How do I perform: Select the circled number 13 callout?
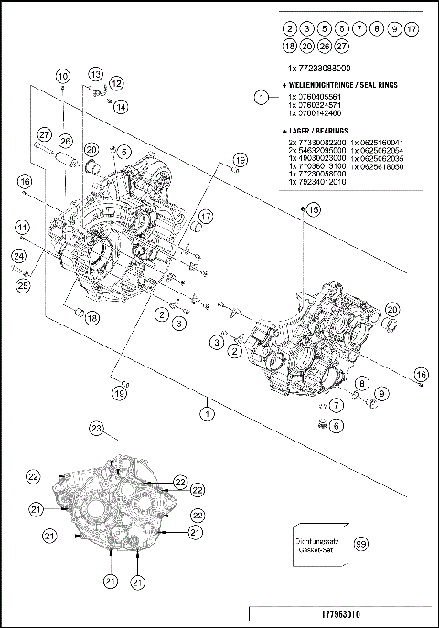pos(96,73)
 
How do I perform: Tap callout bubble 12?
pos(116,83)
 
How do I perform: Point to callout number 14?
pos(122,107)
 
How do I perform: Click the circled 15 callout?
pos(314,210)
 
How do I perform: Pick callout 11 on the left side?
pos(20,227)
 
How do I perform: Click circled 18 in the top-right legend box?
pos(289,45)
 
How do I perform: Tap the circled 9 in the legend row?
pos(394,30)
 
